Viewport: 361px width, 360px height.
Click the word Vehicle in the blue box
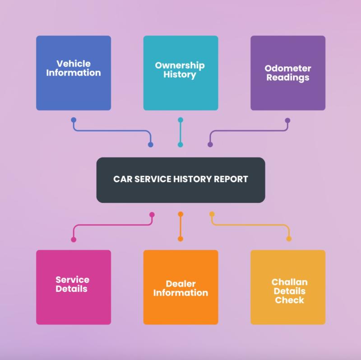pyautogui.click(x=74, y=64)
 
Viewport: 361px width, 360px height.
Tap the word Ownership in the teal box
pyautogui.click(x=180, y=65)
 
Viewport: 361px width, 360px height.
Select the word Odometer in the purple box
pyautogui.click(x=288, y=68)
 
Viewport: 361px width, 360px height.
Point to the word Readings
pyautogui.click(x=288, y=77)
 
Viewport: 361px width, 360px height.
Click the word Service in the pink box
pyautogui.click(x=72, y=280)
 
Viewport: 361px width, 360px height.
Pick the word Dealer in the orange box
pyautogui.click(x=181, y=284)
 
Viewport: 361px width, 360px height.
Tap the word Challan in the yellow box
pyautogui.click(x=289, y=282)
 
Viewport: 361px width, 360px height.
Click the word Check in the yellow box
pyautogui.click(x=289, y=300)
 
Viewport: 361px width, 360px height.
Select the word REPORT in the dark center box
pyautogui.click(x=231, y=179)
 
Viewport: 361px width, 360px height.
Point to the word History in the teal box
pyautogui.click(x=180, y=75)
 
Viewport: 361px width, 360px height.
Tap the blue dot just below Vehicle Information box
pyautogui.click(x=74, y=120)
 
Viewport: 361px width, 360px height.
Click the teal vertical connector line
pyautogui.click(x=180, y=132)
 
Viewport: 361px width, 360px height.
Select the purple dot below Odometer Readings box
pyautogui.click(x=287, y=120)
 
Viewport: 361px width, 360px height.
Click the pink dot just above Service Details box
pyautogui.click(x=74, y=239)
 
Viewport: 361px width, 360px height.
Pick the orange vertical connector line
pyautogui.click(x=181, y=227)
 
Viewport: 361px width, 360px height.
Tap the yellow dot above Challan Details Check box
pyautogui.click(x=289, y=239)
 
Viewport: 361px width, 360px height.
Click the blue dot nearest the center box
pyautogui.click(x=151, y=145)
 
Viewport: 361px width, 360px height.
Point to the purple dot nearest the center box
pyautogui.click(x=210, y=145)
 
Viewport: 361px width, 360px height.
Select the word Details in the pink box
pyautogui.click(x=71, y=289)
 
